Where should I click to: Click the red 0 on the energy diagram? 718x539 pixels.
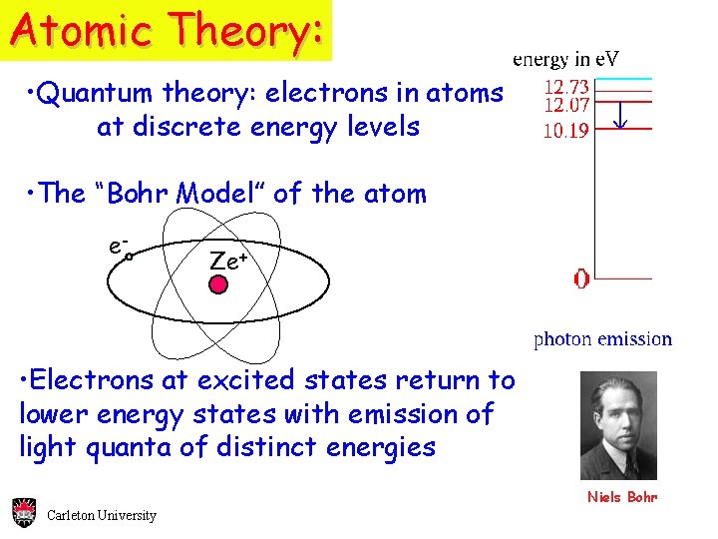(x=581, y=278)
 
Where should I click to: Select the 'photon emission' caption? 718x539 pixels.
(x=602, y=339)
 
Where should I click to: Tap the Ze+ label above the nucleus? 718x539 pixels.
(x=227, y=261)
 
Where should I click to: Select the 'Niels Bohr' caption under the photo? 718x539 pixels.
(x=622, y=497)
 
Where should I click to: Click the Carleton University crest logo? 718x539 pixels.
(x=24, y=512)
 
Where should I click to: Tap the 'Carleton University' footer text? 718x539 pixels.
(x=102, y=515)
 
